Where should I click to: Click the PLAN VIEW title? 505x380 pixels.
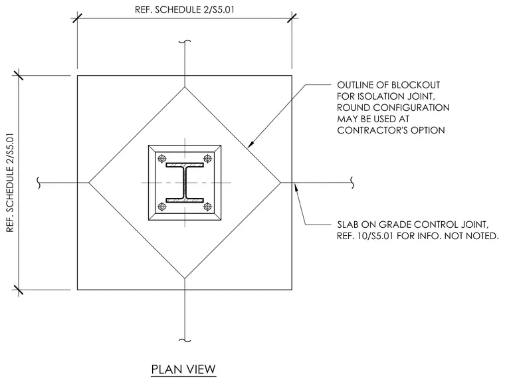[x=183, y=369]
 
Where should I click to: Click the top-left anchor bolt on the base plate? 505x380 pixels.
[x=162, y=158]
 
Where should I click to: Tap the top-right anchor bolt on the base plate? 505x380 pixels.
[x=208, y=158]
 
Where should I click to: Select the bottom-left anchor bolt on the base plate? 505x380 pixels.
[x=162, y=207]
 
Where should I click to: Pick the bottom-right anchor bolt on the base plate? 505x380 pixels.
[x=208, y=207]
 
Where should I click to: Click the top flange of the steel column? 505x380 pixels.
[x=185, y=165]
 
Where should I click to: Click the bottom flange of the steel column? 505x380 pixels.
[x=185, y=201]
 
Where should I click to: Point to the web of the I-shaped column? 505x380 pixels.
[x=185, y=183]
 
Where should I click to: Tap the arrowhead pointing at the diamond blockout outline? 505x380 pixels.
[x=252, y=144]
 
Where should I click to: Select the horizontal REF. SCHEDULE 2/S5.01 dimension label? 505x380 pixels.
[x=185, y=10]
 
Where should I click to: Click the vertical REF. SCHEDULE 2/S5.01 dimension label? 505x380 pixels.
[x=11, y=183]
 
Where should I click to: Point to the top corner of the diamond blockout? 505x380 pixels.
[x=185, y=87]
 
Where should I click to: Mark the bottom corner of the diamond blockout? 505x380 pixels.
[x=185, y=278]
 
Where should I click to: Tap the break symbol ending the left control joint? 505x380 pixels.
[x=39, y=183]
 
